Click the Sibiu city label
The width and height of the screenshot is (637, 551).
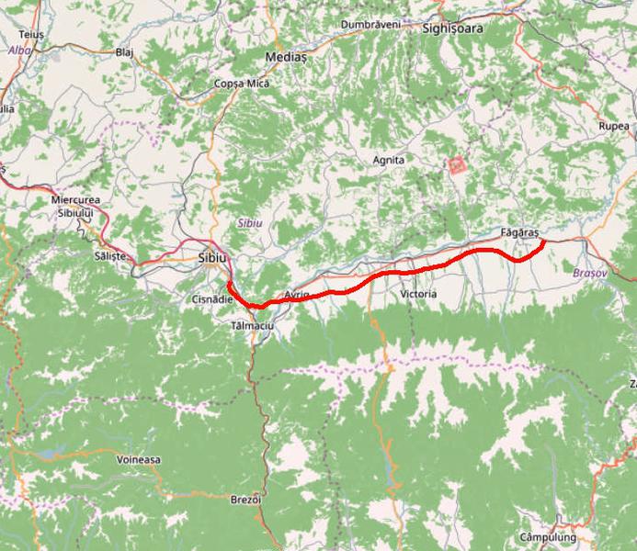[211, 259]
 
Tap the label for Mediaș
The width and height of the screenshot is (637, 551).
[285, 57]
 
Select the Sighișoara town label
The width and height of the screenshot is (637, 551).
[452, 28]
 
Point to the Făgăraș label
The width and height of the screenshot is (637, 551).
[519, 233]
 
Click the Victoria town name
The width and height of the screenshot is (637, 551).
[419, 294]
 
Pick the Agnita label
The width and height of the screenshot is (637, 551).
[388, 160]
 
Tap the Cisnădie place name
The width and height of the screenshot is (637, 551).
[212, 299]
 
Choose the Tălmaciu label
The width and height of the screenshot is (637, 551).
[252, 326]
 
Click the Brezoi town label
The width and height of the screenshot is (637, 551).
[246, 500]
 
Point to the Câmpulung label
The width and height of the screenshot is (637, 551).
[547, 536]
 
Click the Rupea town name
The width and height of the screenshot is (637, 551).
[613, 126]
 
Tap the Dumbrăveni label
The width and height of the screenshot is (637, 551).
[370, 24]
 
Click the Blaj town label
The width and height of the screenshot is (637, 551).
[124, 52]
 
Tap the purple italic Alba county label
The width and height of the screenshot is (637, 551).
[18, 51]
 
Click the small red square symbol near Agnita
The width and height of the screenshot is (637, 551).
[455, 165]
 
